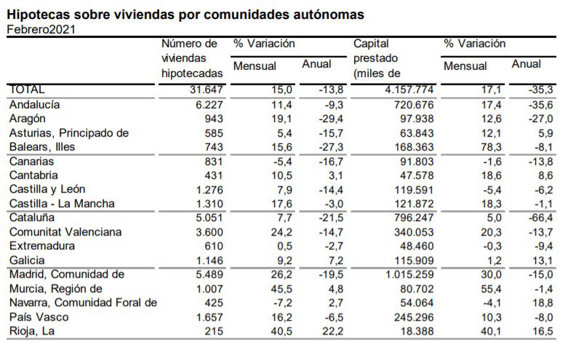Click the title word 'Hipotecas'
click(x=40, y=14)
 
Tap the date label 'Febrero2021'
click(x=41, y=29)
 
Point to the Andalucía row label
click(x=34, y=105)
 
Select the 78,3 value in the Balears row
click(x=492, y=147)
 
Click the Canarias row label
click(x=31, y=161)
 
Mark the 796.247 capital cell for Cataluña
click(x=414, y=217)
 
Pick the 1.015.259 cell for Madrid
click(x=408, y=274)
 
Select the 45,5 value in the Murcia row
click(x=281, y=289)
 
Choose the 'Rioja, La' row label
click(x=31, y=332)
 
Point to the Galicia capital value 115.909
click(x=414, y=260)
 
